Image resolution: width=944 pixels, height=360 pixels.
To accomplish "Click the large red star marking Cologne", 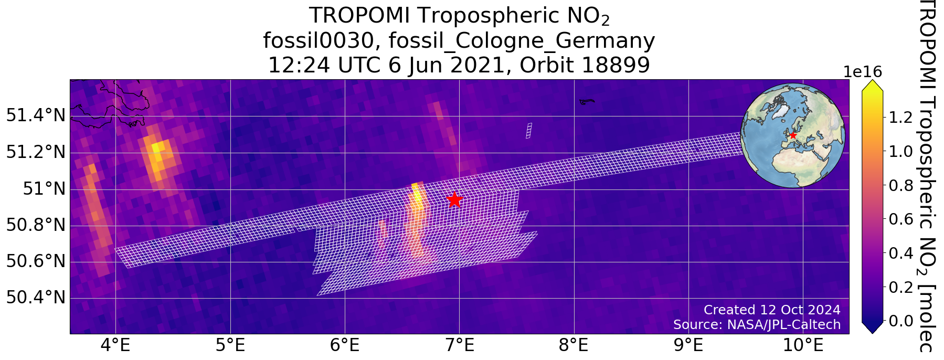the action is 454,199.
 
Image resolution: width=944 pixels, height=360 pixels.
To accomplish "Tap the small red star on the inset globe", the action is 793,135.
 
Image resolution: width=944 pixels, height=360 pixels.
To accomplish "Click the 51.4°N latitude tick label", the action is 36,115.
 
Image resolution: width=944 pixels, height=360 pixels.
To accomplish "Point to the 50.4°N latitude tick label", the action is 36,298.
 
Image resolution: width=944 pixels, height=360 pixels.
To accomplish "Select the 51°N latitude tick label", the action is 45,188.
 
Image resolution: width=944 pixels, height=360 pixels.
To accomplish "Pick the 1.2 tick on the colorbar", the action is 900,118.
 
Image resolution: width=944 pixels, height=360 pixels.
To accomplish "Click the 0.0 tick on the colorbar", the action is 900,320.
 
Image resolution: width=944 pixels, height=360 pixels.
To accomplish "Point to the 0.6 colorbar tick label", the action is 900,219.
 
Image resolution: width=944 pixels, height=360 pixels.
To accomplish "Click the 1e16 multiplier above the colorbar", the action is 863,72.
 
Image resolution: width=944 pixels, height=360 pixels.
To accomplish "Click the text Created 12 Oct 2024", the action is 772,310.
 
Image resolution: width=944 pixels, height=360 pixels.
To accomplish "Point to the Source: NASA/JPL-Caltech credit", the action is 757,325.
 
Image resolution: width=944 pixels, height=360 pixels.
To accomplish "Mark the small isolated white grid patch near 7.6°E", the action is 529,130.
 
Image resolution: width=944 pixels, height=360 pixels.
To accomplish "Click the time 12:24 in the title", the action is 299,66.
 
